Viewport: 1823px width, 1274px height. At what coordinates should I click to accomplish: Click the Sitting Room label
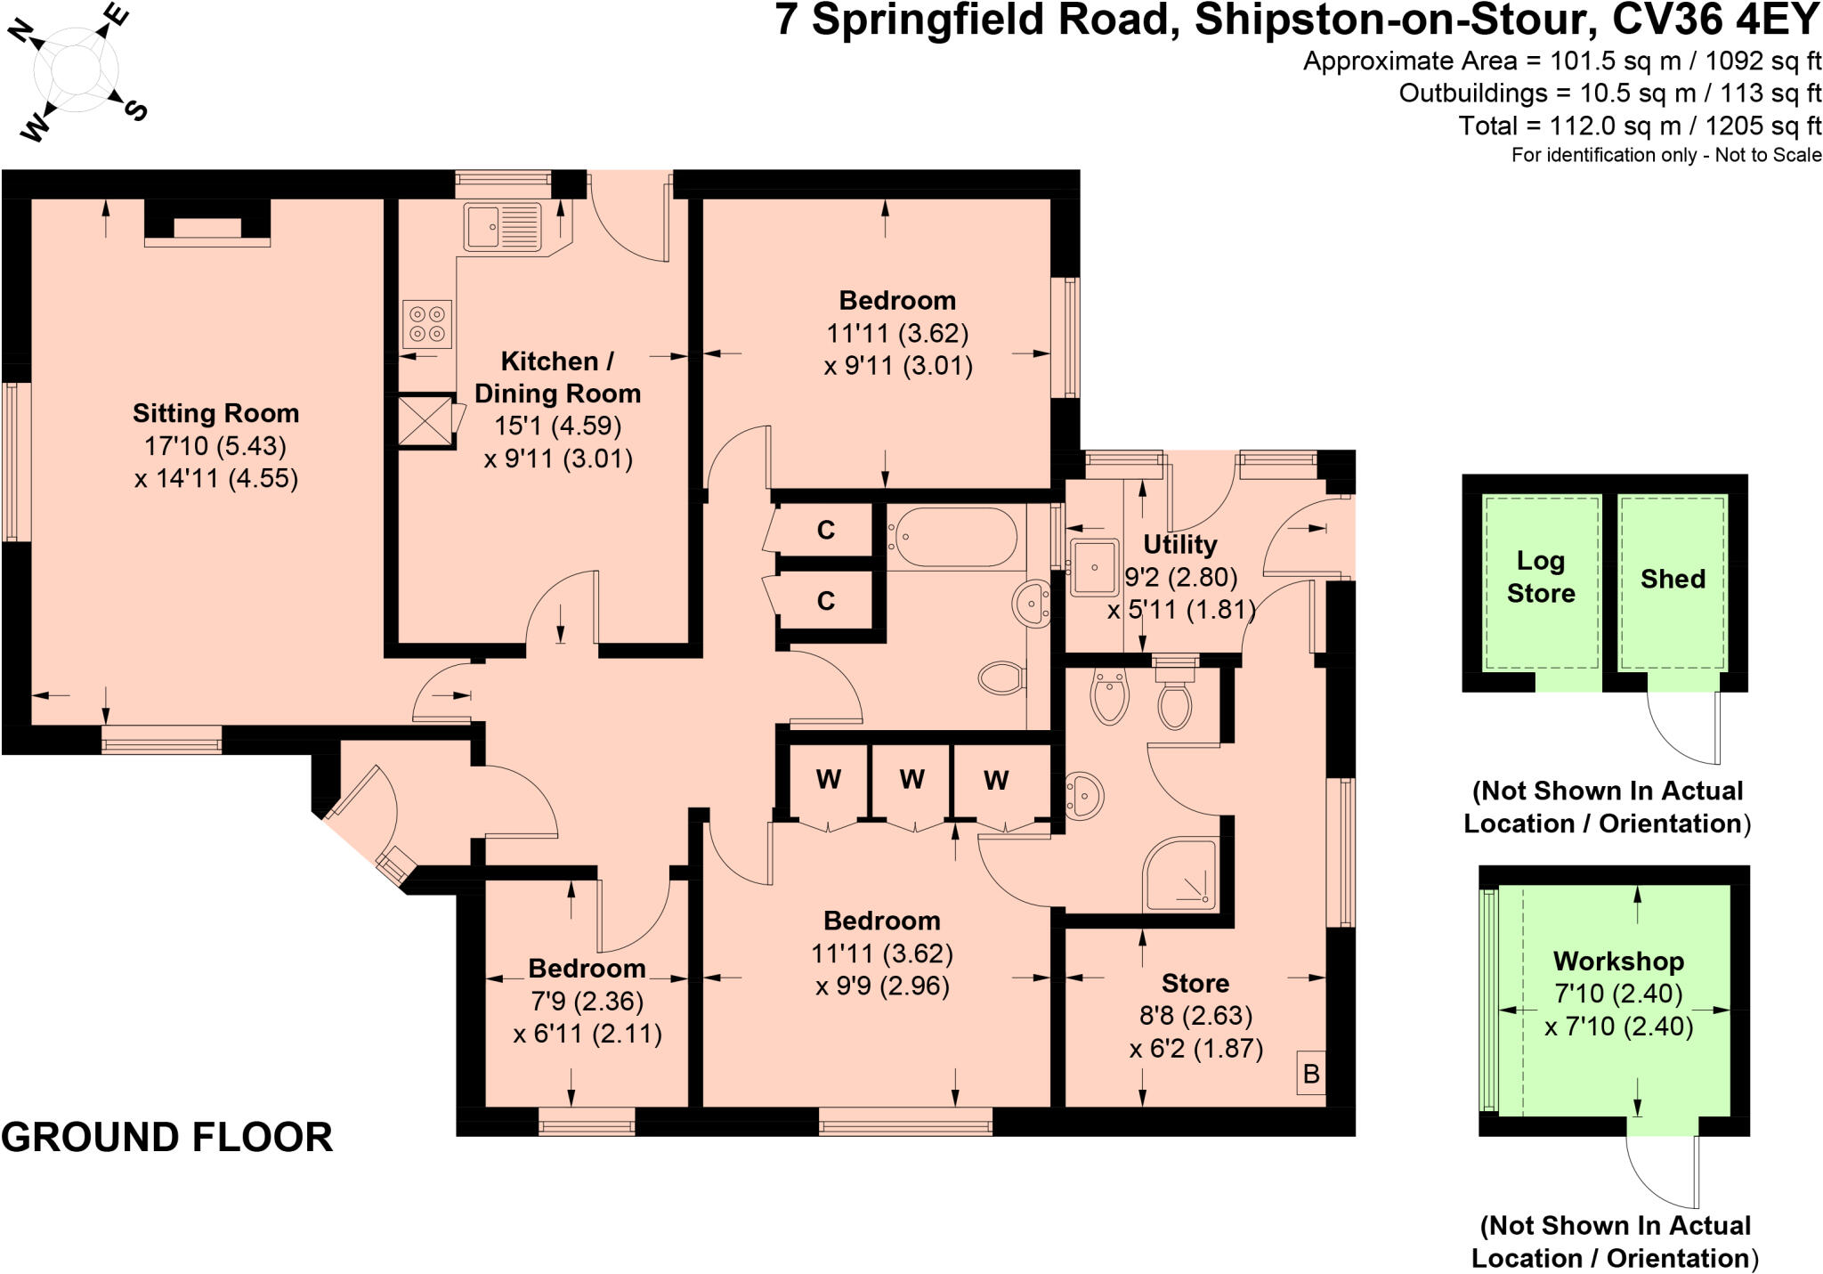pyautogui.click(x=215, y=413)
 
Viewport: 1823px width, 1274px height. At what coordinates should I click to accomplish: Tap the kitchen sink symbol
pyautogui.click(x=502, y=226)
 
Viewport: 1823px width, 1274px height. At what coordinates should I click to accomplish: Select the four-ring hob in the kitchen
pyautogui.click(x=427, y=324)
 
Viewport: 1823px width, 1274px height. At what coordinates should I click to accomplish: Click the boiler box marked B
pyautogui.click(x=1310, y=1074)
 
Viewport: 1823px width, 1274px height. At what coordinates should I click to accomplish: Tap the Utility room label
pyautogui.click(x=1179, y=544)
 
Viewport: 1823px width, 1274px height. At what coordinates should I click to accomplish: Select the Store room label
pyautogui.click(x=1195, y=983)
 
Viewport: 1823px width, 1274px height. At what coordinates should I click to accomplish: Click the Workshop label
pyautogui.click(x=1618, y=961)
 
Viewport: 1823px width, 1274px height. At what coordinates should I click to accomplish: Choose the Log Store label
pyautogui.click(x=1541, y=577)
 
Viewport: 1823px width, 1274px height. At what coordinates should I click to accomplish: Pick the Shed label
pyautogui.click(x=1673, y=579)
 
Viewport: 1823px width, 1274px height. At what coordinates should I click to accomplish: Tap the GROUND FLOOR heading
pyautogui.click(x=167, y=1138)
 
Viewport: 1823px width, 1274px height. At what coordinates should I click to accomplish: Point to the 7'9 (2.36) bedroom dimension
pyautogui.click(x=587, y=1002)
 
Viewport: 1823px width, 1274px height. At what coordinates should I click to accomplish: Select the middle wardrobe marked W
pyautogui.click(x=911, y=780)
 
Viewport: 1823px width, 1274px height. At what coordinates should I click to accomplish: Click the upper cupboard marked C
pyautogui.click(x=826, y=531)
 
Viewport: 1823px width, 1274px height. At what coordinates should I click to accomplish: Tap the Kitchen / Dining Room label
pyautogui.click(x=557, y=377)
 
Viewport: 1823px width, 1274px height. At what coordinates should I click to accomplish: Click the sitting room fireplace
pyautogui.click(x=207, y=223)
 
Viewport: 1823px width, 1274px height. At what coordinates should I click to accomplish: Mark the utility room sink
pyautogui.click(x=1094, y=566)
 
